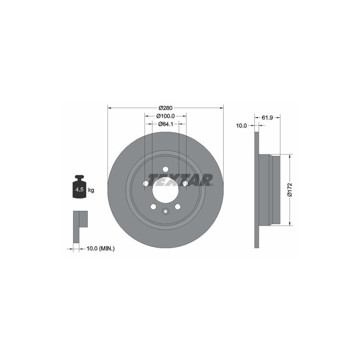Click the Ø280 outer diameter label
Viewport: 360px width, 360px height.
(165, 108)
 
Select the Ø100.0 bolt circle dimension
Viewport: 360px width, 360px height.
(165, 116)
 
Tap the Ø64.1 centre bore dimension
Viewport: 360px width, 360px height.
(166, 124)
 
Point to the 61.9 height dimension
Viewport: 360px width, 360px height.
(267, 118)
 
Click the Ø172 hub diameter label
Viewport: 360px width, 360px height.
(290, 190)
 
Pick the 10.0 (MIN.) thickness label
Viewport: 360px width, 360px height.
(100, 248)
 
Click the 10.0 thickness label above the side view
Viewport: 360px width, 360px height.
(241, 126)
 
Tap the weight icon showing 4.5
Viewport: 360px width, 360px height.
(80, 187)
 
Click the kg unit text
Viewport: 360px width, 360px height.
(91, 190)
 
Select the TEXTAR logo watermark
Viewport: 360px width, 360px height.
(180, 180)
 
